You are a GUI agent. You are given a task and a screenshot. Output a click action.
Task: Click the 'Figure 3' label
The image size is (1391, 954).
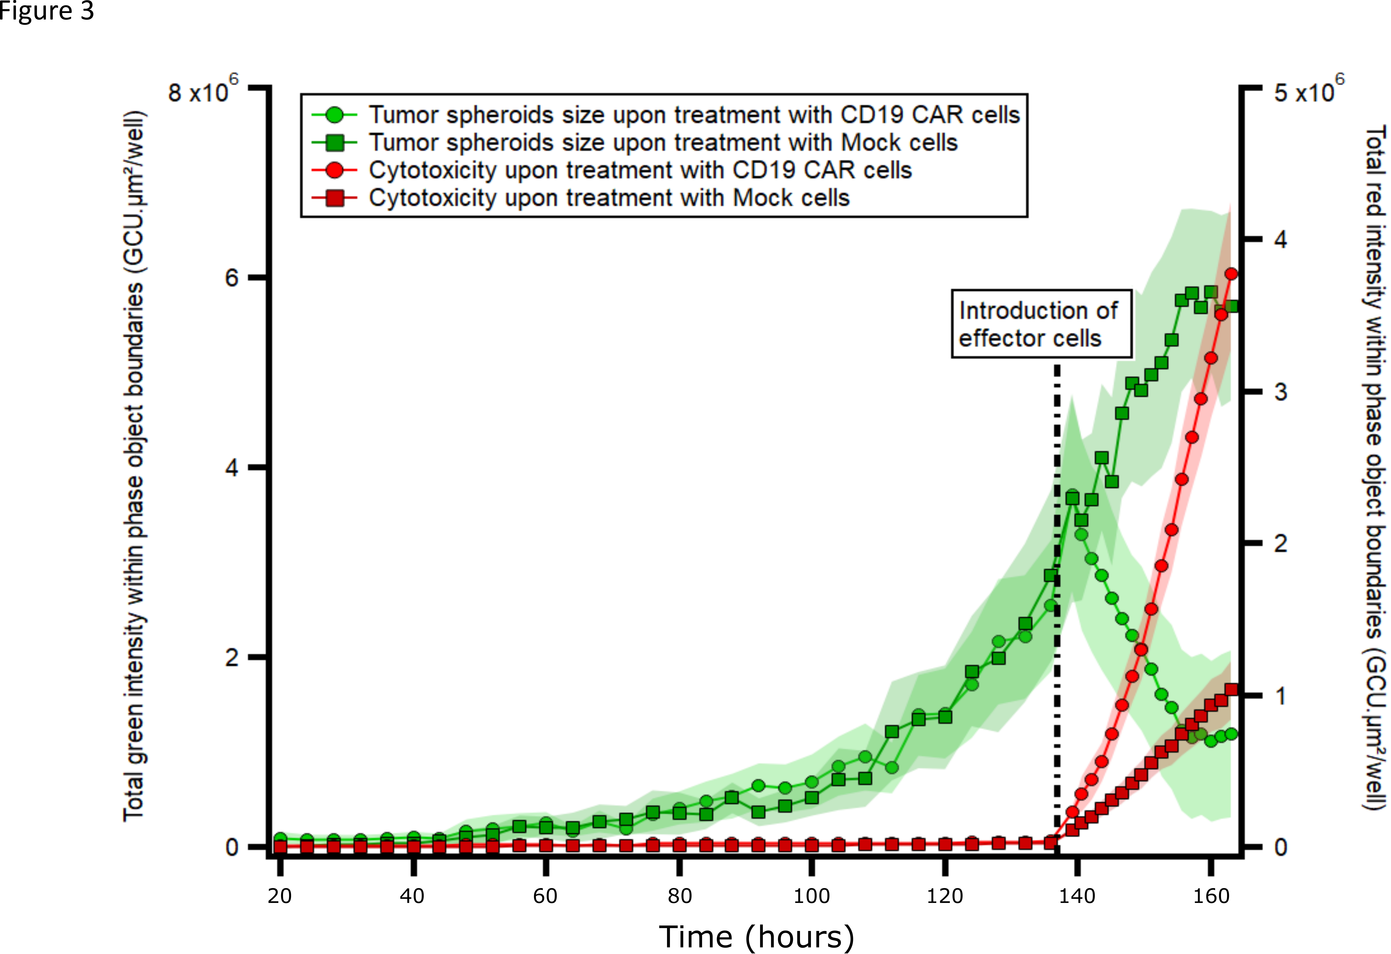(63, 11)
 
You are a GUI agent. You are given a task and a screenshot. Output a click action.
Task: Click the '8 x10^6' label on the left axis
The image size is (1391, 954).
(202, 92)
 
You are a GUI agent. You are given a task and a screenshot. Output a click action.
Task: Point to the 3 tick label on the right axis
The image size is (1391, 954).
(1280, 392)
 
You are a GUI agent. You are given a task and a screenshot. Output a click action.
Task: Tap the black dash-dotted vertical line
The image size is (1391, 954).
(1057, 599)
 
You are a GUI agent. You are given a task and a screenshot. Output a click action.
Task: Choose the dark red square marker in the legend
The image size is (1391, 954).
(335, 198)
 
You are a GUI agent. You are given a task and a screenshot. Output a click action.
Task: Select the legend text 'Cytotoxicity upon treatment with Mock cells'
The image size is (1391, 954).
(609, 198)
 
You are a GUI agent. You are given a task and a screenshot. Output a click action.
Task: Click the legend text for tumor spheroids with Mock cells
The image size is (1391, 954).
(663, 143)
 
